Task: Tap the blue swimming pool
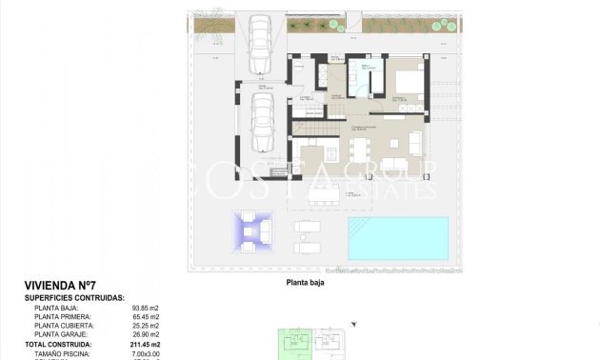[x=397, y=238]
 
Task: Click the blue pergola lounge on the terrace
[x=250, y=231]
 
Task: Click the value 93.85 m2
[x=146, y=308]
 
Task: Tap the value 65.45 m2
[x=146, y=316]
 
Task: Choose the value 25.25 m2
[x=146, y=326]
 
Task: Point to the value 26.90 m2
[x=146, y=334]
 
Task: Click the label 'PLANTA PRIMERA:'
[x=64, y=316]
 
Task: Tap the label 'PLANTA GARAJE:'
[x=61, y=334]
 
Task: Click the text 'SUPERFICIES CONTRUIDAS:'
[x=74, y=298]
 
